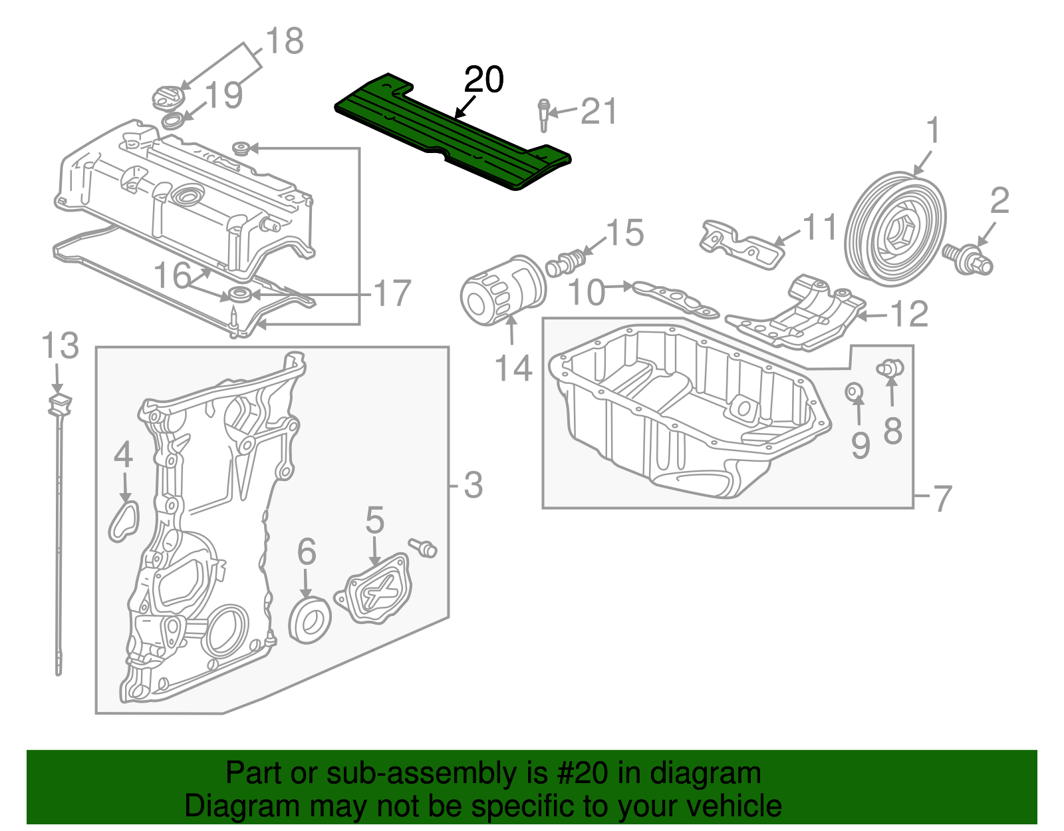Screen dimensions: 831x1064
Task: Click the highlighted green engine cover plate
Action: [x=452, y=133]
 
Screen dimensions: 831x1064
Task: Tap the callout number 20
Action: [x=484, y=81]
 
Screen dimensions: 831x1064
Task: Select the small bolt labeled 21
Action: [x=544, y=116]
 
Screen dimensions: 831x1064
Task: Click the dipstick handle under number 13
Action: [x=60, y=404]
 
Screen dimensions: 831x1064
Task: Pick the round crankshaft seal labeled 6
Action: [x=310, y=620]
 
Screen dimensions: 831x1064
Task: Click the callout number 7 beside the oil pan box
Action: [x=942, y=498]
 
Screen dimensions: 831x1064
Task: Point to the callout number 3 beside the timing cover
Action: [x=472, y=485]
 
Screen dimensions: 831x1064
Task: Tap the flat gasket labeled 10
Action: [x=675, y=299]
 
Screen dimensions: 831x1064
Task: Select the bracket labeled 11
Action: [x=741, y=242]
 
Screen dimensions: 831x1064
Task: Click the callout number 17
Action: [x=392, y=293]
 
